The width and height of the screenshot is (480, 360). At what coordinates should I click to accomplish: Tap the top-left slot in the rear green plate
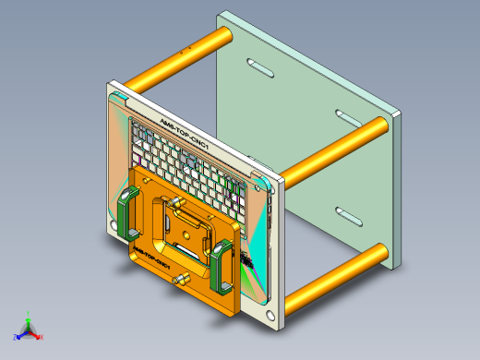[259, 67]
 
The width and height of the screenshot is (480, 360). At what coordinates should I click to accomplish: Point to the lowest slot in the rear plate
[350, 217]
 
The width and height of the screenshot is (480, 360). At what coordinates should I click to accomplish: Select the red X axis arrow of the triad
[39, 336]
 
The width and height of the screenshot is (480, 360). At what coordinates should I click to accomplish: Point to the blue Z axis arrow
[18, 335]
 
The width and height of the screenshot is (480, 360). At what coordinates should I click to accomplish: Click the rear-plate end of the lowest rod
[378, 252]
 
